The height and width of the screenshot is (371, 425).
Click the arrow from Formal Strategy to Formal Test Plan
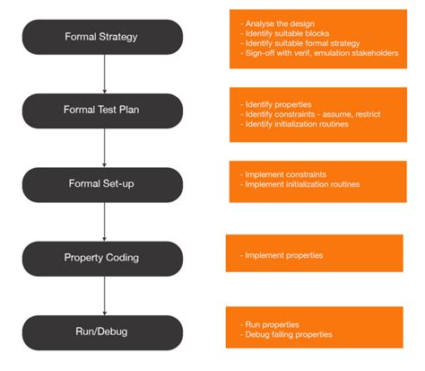(x=105, y=74)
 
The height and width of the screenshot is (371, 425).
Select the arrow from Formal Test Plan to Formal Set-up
(x=105, y=146)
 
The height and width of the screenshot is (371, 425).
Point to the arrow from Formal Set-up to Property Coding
(x=105, y=220)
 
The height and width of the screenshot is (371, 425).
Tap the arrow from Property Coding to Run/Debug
(x=105, y=295)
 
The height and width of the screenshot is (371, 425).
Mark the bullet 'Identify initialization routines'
(x=292, y=124)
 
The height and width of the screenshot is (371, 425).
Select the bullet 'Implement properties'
(x=282, y=256)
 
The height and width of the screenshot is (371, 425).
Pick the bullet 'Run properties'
(x=271, y=323)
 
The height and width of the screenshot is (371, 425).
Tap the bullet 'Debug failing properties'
(x=284, y=334)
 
